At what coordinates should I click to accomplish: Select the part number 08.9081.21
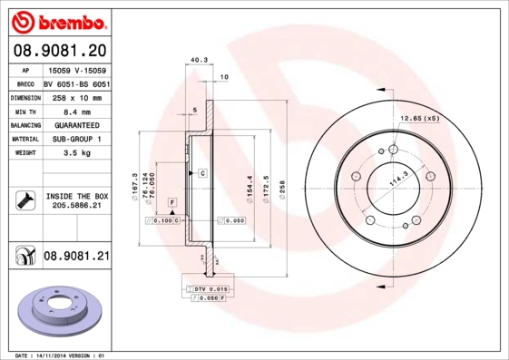pyautogui.click(x=76, y=257)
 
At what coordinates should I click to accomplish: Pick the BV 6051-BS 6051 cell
pyautogui.click(x=76, y=83)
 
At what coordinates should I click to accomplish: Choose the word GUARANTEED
pyautogui.click(x=76, y=124)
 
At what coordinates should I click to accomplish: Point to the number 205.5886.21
pyautogui.click(x=76, y=207)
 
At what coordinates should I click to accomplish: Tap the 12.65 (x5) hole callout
pyautogui.click(x=420, y=117)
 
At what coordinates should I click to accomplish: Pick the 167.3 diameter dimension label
pyautogui.click(x=134, y=186)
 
